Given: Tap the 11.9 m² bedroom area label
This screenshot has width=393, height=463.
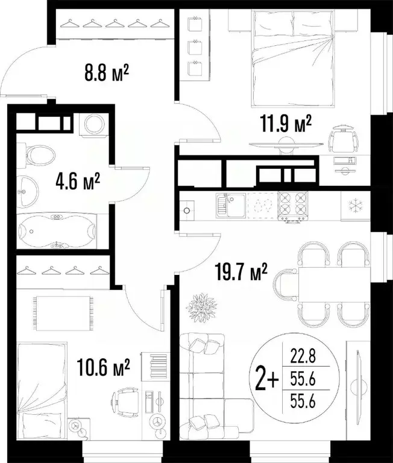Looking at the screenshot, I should click(286, 124).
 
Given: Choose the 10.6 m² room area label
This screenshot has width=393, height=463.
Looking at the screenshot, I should click(104, 367).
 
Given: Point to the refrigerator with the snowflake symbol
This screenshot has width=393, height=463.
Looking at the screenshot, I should click(356, 204).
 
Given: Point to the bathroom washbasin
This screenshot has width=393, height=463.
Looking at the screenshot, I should click(27, 190).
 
